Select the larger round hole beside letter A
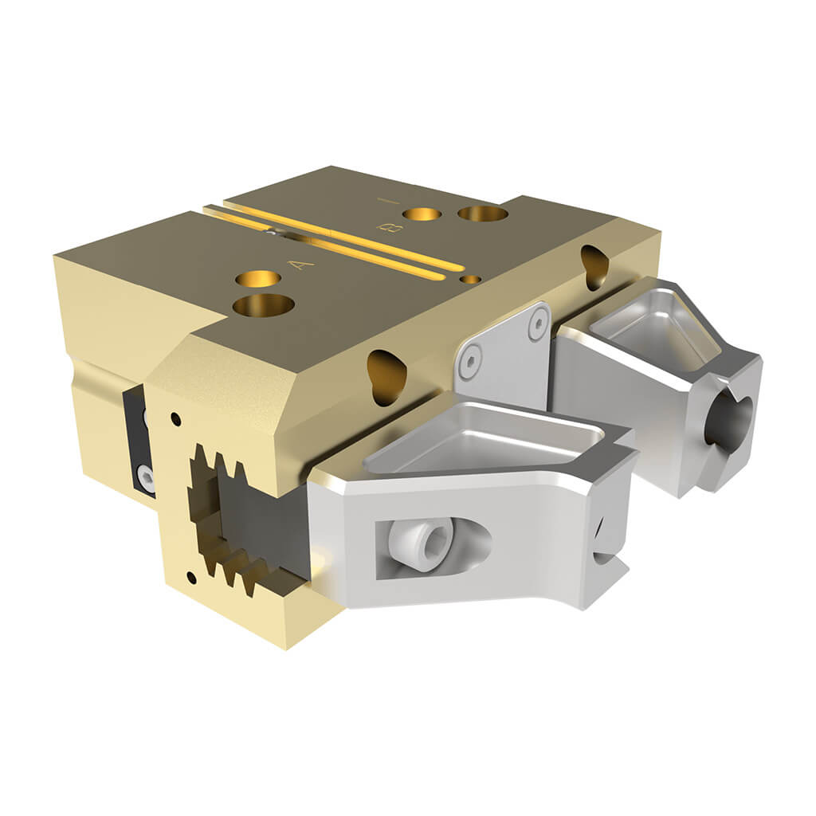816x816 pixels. pos(264,304)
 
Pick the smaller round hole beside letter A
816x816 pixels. pos(259,278)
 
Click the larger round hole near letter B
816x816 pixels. pos(482,213)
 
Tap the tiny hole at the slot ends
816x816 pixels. pos(471,280)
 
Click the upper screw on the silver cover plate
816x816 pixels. pos(539,324)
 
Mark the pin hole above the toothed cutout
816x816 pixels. pos(175,418)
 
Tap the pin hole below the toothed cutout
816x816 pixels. pos(190,575)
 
